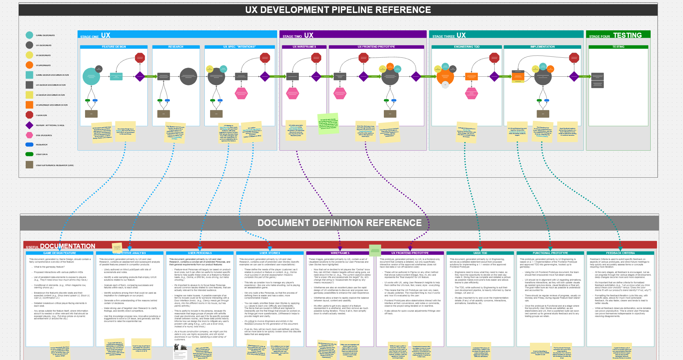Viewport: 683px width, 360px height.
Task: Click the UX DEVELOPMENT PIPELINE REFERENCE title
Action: click(338, 10)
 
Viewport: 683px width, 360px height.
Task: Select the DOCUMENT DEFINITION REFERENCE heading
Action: click(339, 223)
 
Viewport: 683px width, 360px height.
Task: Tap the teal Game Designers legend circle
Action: click(29, 35)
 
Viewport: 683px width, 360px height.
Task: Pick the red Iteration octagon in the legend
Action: click(29, 115)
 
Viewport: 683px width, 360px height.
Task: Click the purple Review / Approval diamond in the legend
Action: click(29, 125)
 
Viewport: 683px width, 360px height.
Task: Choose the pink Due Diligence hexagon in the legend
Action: click(29, 135)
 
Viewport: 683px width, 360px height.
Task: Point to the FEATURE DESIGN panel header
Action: click(114, 47)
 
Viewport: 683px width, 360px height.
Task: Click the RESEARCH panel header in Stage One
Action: click(176, 47)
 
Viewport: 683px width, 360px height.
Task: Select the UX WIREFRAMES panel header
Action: click(304, 47)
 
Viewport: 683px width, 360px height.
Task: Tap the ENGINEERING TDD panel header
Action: click(467, 47)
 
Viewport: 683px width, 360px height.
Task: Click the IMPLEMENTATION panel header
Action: click(542, 47)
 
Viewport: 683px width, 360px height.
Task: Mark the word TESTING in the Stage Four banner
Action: click(627, 35)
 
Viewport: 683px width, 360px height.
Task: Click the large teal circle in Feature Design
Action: click(91, 76)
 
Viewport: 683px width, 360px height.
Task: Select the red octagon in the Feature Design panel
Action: click(140, 58)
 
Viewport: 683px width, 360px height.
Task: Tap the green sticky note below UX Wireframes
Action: click(328, 123)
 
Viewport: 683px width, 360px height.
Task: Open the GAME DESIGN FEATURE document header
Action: click(59, 253)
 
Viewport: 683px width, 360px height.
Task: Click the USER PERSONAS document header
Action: click(200, 253)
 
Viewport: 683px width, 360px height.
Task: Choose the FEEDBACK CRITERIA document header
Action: click(620, 253)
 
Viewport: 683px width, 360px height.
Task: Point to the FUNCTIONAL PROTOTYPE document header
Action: click(550, 253)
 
